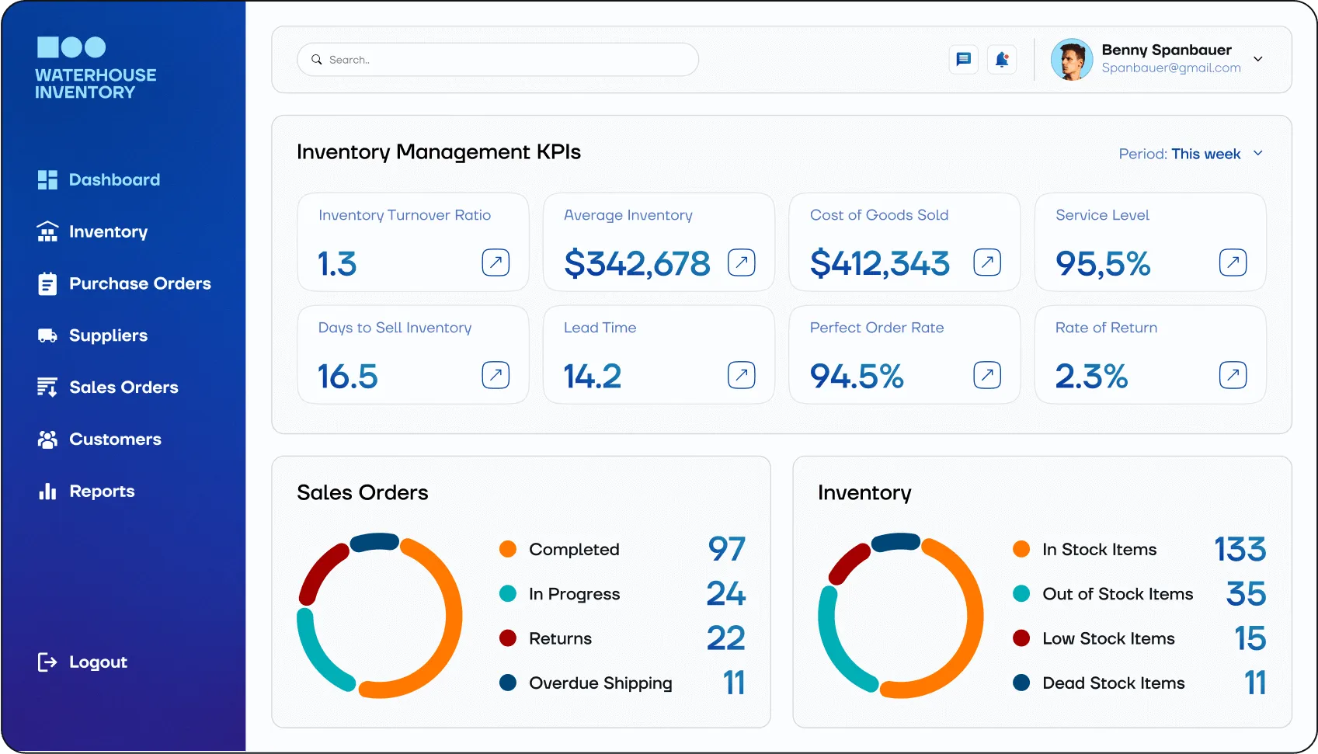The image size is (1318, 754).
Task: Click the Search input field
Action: (497, 60)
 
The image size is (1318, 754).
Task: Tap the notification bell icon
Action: (1001, 59)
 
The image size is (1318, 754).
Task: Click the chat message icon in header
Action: (963, 59)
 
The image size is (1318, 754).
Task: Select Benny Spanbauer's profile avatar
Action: (1071, 60)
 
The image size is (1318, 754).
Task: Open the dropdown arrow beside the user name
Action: (1258, 59)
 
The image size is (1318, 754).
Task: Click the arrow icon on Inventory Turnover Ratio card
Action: (496, 262)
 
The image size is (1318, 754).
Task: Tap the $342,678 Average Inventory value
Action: (637, 263)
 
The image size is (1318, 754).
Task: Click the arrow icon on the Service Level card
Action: (1233, 262)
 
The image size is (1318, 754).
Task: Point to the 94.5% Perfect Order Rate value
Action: (857, 377)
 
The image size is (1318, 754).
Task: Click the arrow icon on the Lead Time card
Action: (741, 375)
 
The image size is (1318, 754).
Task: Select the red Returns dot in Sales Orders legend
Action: (508, 638)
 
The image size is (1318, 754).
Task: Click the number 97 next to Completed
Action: (726, 549)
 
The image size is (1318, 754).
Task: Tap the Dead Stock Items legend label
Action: (1113, 683)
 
